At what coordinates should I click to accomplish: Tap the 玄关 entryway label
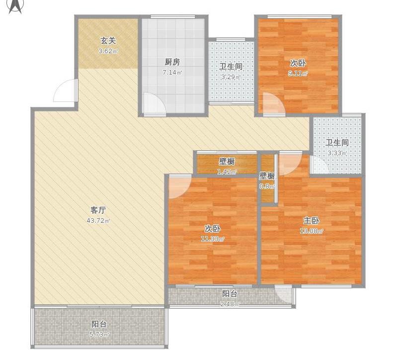click(x=108, y=41)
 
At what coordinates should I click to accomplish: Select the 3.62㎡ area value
click(x=108, y=51)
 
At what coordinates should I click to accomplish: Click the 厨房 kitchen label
click(x=172, y=62)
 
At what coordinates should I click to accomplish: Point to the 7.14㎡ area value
click(x=172, y=73)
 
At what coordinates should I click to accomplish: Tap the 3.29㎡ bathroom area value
click(x=231, y=77)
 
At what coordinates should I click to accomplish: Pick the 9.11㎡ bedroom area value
click(x=298, y=74)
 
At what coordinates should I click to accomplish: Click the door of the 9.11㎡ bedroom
click(x=273, y=104)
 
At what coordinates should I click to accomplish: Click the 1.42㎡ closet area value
click(x=227, y=172)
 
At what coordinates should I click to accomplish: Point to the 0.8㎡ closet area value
click(x=267, y=187)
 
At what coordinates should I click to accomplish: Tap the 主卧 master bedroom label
click(x=312, y=221)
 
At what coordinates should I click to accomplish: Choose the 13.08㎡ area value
click(x=312, y=231)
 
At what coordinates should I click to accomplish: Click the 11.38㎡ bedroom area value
click(x=213, y=239)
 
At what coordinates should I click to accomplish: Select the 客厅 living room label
click(x=98, y=210)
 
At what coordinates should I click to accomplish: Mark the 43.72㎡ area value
click(x=98, y=221)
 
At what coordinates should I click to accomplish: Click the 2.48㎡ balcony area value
click(x=230, y=304)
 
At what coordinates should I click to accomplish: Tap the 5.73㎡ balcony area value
click(x=99, y=335)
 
